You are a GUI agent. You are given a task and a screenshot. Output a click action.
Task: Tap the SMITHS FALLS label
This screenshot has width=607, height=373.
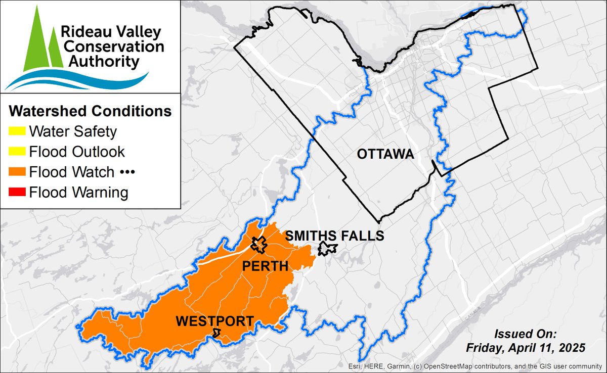(x=335, y=236)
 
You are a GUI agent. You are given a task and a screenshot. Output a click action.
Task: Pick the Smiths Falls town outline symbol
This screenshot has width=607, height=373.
(x=327, y=249)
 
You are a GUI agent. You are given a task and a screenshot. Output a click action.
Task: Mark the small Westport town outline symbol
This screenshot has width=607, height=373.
(x=217, y=333)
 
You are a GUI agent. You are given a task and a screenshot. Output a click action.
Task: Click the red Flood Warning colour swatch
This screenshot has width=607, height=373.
(x=17, y=193)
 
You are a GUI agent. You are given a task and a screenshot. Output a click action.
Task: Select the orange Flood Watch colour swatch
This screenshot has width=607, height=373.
(x=17, y=172)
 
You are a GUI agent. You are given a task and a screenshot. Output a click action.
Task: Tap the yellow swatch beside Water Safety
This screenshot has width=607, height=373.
(x=17, y=132)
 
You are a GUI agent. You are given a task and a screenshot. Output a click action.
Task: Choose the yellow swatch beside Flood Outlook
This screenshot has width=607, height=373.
(x=17, y=152)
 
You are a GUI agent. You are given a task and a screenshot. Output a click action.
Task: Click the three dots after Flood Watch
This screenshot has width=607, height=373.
(x=126, y=172)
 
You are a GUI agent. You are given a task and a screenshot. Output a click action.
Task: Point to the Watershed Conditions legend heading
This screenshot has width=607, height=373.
(x=91, y=110)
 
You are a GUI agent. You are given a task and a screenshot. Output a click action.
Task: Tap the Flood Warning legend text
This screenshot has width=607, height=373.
(x=78, y=193)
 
